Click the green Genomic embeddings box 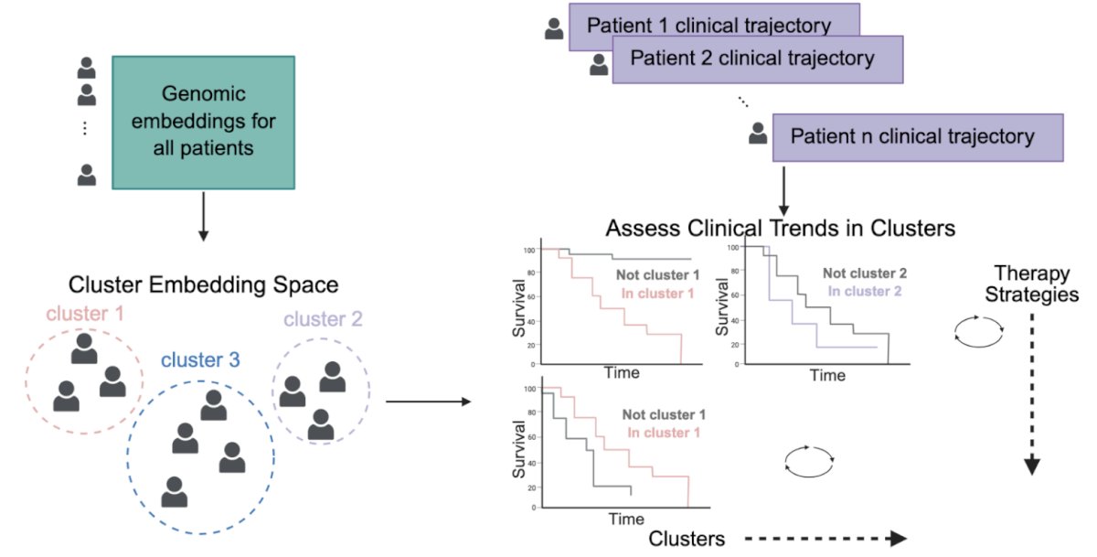(x=203, y=123)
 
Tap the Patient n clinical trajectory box (x=918, y=138)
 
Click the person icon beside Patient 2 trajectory (x=599, y=65)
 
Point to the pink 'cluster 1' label (x=85, y=314)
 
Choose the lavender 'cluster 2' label (x=324, y=319)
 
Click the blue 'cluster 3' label (x=200, y=360)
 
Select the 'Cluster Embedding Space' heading (x=203, y=284)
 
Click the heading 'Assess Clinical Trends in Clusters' (x=780, y=229)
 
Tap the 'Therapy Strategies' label (x=1032, y=284)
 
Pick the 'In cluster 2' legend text (x=865, y=291)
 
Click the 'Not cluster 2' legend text (x=865, y=273)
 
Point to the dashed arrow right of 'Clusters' (x=825, y=539)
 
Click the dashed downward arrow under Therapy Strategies (x=1032, y=394)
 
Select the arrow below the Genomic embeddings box (x=203, y=217)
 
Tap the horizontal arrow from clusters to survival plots (x=429, y=402)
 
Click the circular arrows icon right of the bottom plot (x=809, y=461)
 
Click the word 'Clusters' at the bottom (x=687, y=539)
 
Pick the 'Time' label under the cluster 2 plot (x=827, y=375)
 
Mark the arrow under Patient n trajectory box (x=783, y=191)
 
